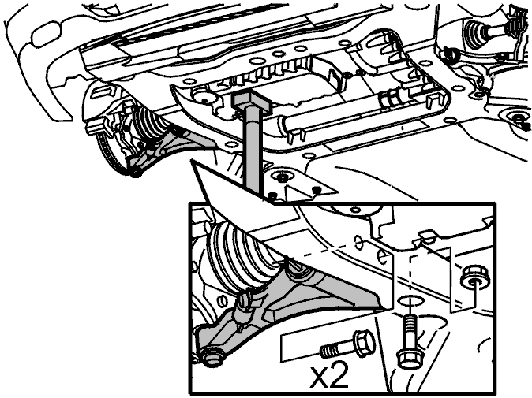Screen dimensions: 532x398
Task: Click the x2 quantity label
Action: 329,377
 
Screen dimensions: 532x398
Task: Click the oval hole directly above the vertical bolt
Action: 410,301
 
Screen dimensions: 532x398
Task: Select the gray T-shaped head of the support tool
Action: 252,101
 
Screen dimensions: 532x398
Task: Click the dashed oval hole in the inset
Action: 358,241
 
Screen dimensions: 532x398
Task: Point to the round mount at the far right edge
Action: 518,118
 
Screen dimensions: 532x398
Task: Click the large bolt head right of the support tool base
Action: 282,177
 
